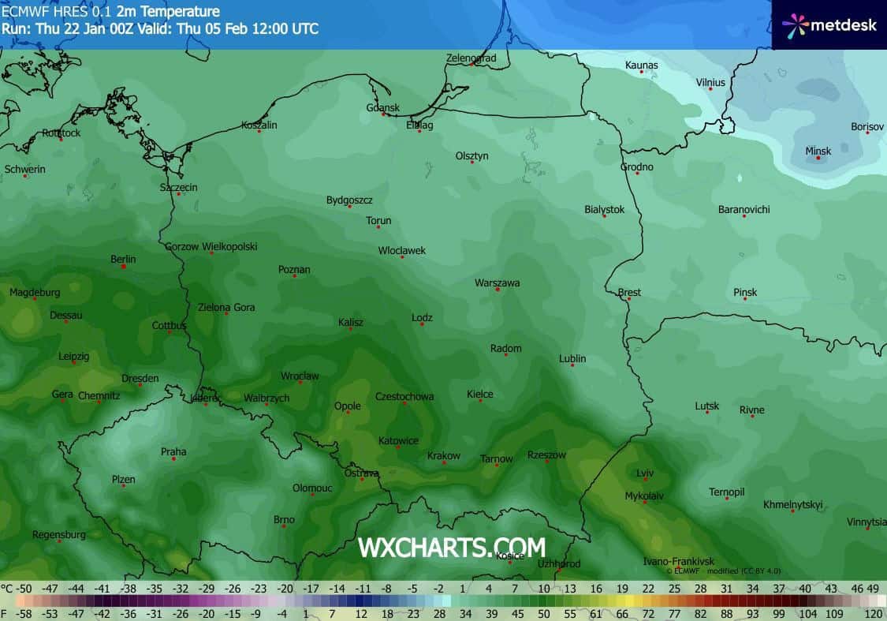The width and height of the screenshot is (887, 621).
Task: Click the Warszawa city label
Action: click(x=497, y=282)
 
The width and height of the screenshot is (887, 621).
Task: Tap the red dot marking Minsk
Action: click(x=818, y=159)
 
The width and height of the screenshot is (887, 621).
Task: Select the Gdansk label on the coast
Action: click(x=382, y=107)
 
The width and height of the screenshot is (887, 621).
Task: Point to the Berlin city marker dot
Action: click(x=124, y=267)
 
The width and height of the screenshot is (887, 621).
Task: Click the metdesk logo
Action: click(x=829, y=24)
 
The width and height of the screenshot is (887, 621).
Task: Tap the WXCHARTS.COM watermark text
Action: click(x=451, y=547)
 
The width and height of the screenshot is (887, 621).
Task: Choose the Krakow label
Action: click(x=443, y=456)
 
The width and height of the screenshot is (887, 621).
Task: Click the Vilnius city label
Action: click(x=710, y=82)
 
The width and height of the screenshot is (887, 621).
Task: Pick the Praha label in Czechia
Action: click(x=173, y=451)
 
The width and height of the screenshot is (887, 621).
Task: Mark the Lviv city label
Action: click(x=645, y=473)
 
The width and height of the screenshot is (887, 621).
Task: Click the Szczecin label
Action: click(x=179, y=187)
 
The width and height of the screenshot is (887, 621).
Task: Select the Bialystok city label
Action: click(x=604, y=209)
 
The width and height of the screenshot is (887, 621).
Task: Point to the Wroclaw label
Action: click(x=300, y=376)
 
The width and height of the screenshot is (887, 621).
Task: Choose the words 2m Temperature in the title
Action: click(x=168, y=11)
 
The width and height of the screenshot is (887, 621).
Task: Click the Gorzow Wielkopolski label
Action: click(x=211, y=246)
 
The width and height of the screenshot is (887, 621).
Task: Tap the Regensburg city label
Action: click(x=59, y=534)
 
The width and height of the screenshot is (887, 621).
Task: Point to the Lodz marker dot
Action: click(x=423, y=324)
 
